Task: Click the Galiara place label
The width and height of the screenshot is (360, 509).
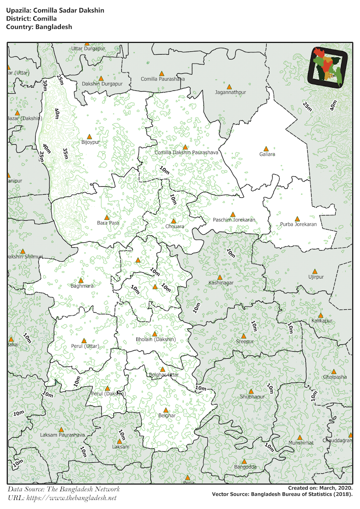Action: coord(267,154)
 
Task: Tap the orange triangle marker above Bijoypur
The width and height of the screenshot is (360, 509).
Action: coord(89,137)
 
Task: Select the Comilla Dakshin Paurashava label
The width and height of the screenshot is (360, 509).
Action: coord(186,152)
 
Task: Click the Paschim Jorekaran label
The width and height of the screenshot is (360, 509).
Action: coord(234,220)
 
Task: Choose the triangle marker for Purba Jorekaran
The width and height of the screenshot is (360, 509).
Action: coord(297,218)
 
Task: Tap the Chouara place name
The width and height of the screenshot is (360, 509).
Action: coord(174,227)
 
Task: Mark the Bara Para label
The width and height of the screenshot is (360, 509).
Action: coord(108,223)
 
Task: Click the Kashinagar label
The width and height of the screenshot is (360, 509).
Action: coord(221,283)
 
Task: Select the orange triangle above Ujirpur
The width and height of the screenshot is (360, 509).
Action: coord(315,271)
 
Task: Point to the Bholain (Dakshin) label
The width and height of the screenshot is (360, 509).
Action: coord(155,340)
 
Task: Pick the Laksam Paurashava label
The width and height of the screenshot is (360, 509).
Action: coord(62,435)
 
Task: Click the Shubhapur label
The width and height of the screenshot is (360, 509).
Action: coord(252,397)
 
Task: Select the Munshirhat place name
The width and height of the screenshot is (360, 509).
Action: coord(301,443)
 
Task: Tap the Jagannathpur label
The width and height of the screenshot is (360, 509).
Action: coord(231,92)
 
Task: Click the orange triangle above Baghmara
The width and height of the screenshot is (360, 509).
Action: coord(82,280)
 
